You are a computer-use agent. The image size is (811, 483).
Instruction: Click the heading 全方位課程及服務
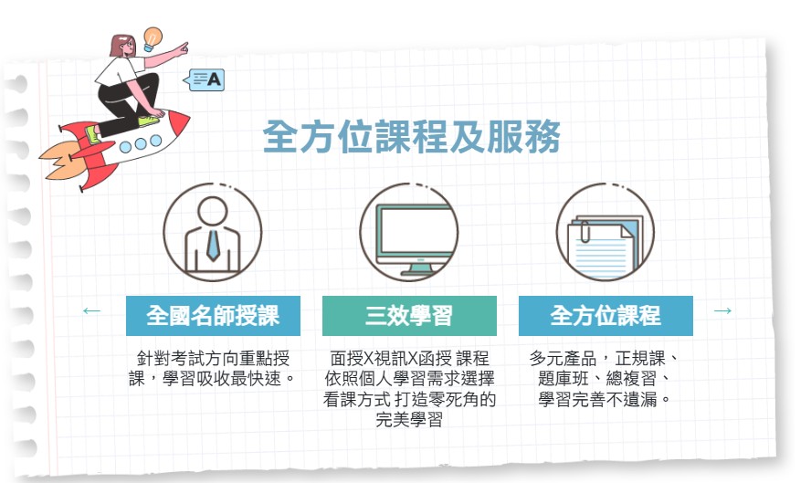coord(412,137)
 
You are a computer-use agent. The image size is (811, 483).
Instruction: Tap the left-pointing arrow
coord(91,310)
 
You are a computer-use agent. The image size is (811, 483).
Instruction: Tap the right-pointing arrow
coord(722,310)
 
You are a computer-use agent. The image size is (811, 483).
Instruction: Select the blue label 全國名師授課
coord(213,316)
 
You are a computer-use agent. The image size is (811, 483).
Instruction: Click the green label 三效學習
coord(409,316)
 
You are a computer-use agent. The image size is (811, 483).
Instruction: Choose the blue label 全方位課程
coord(606,316)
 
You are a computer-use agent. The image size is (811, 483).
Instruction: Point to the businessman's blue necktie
coord(213,245)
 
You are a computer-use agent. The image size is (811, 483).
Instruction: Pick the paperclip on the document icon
coord(585,231)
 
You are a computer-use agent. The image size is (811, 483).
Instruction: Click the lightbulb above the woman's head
coord(152,38)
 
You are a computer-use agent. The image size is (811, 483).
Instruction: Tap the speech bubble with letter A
coord(205,79)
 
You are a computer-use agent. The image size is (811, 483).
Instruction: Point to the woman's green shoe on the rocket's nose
coord(149,121)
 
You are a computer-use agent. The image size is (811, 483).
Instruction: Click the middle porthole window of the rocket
coord(140,143)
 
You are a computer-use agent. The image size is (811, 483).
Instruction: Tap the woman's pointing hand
coord(181,49)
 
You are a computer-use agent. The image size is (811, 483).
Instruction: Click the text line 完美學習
coord(409,419)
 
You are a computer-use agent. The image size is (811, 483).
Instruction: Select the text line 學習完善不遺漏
coord(604,399)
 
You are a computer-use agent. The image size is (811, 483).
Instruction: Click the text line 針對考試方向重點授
coord(213,358)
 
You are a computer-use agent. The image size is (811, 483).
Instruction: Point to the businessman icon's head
coord(213,211)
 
